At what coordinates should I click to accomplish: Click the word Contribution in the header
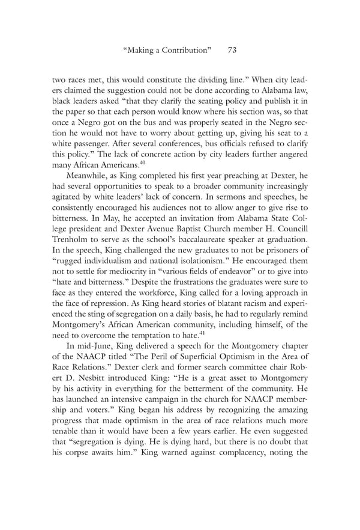click(187, 51)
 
